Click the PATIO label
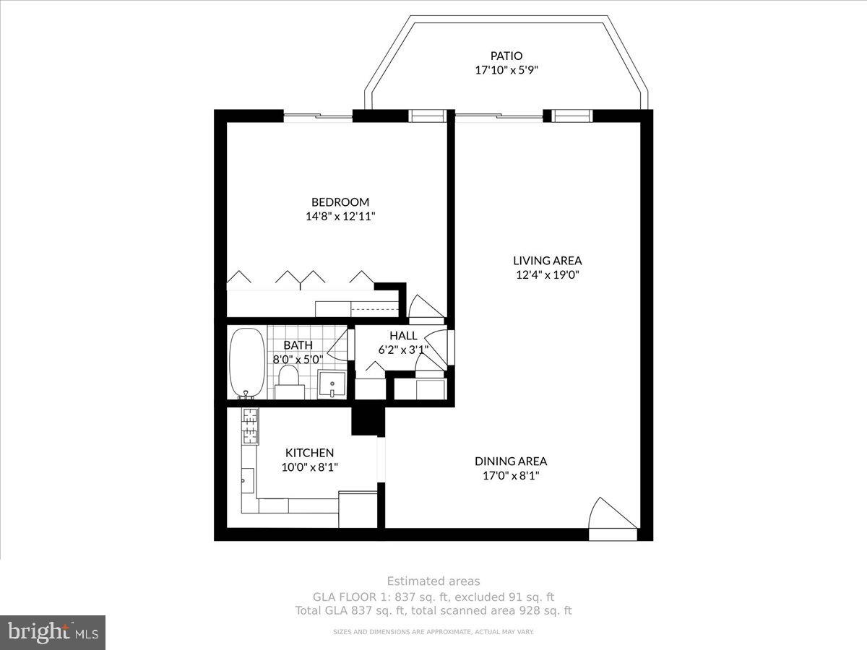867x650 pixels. click(506, 56)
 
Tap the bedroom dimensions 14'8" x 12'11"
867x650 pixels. click(340, 216)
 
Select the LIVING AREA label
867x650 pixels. click(547, 261)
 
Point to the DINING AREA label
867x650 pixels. click(510, 461)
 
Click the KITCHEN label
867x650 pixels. click(309, 453)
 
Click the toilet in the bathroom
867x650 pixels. click(288, 379)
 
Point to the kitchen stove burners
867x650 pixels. click(249, 426)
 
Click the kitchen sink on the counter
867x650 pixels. click(247, 478)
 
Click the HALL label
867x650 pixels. click(403, 336)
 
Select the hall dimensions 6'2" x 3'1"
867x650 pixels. click(403, 350)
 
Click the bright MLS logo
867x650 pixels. click(53, 633)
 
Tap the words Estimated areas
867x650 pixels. click(433, 581)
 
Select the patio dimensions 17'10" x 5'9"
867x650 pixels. click(506, 70)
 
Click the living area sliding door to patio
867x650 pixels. click(499, 116)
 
